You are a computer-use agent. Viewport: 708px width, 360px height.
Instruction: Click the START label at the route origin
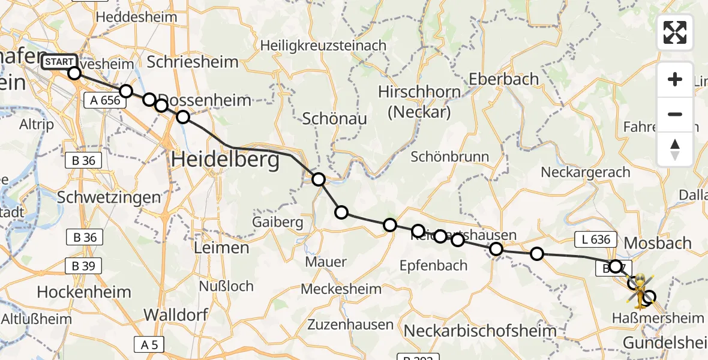59,62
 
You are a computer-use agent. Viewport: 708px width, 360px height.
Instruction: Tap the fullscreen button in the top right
675,32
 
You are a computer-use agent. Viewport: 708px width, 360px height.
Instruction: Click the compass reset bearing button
675,149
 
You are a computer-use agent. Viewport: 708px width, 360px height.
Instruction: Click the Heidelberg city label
226,160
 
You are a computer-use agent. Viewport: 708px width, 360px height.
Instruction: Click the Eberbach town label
504,79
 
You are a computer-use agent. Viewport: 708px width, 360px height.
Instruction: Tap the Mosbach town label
658,243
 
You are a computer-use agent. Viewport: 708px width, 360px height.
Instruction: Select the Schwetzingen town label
109,197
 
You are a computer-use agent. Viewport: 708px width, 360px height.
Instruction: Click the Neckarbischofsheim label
480,330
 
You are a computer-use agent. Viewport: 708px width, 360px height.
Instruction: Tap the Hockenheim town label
84,292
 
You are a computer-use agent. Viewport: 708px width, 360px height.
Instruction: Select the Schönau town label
335,119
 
